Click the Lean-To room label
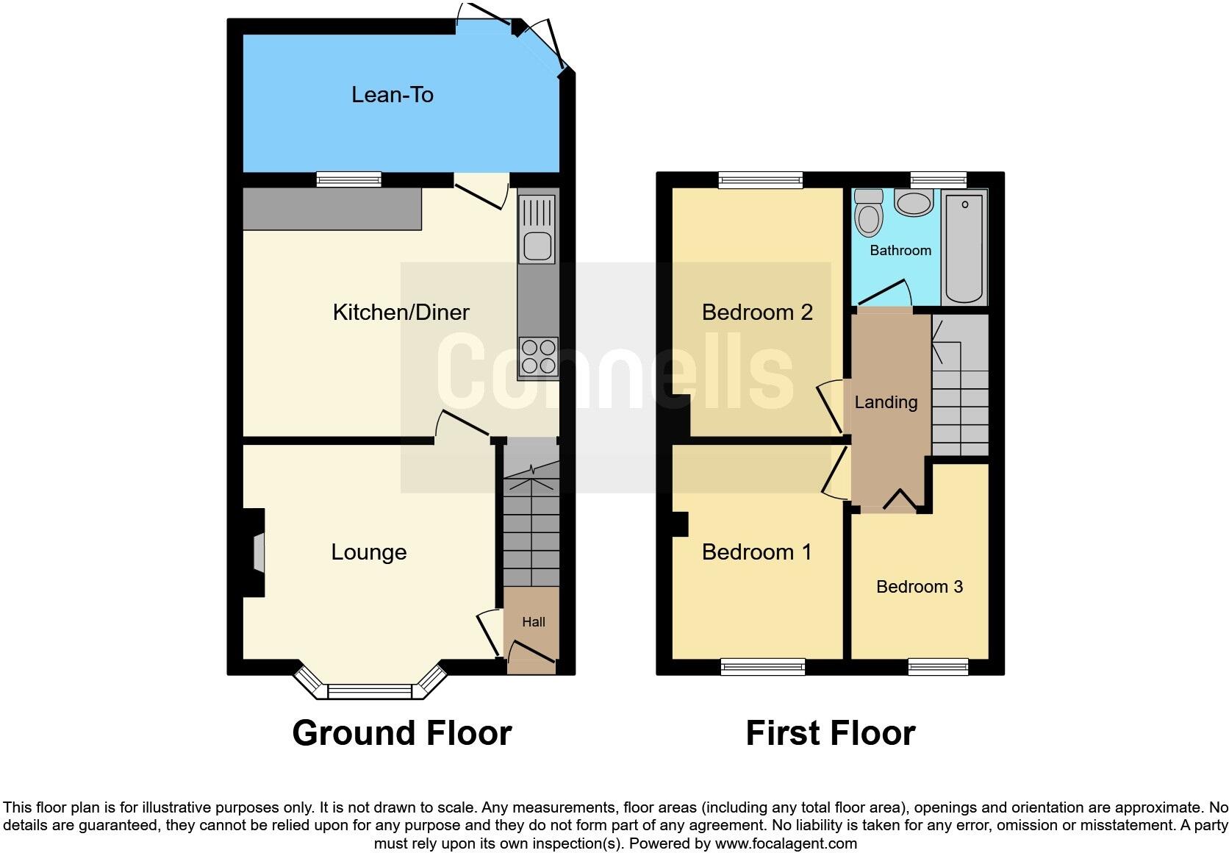392,95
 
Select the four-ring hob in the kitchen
538,357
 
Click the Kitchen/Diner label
401,312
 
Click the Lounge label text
368,552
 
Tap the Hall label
534,622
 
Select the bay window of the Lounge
370,690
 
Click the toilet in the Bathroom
869,213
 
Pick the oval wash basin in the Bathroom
914,204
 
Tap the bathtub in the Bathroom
964,246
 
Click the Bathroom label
900,251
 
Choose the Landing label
886,402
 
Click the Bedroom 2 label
757,313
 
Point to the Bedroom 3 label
920,587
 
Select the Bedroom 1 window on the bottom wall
763,667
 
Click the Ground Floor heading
401,733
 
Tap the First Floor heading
830,733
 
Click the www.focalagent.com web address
786,843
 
